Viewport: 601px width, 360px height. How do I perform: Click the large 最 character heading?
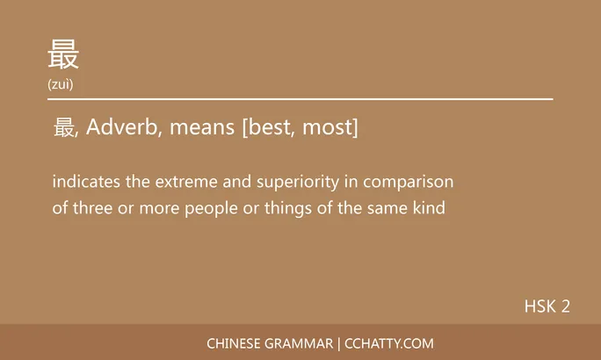click(63, 54)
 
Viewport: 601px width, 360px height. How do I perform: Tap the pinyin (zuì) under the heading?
click(61, 84)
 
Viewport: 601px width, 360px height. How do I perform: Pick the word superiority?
click(295, 183)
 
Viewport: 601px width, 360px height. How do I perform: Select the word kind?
click(430, 209)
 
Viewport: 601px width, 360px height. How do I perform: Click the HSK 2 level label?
click(547, 306)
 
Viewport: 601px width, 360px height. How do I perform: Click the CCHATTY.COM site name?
click(388, 343)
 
